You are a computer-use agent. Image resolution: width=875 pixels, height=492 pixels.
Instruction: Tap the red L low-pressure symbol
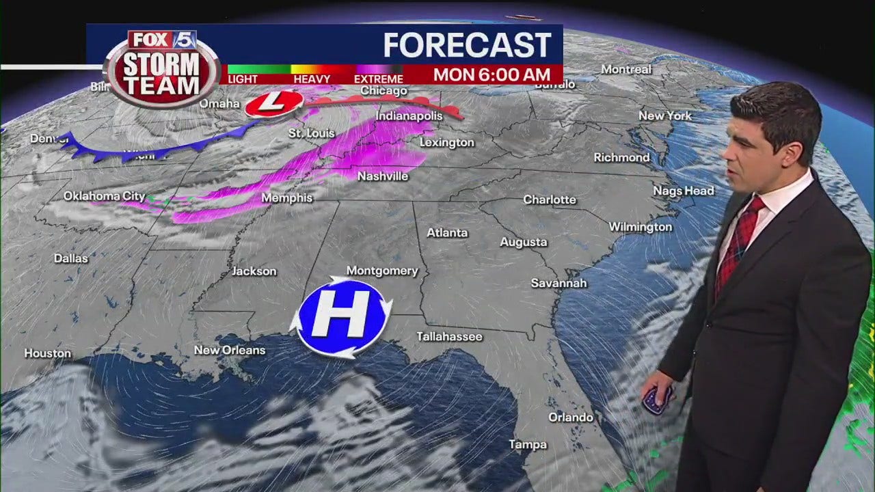point(273,103)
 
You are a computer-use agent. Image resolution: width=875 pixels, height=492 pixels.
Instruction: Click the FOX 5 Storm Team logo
point(162,68)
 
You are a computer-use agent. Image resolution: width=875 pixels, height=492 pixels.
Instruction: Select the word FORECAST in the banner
point(467,45)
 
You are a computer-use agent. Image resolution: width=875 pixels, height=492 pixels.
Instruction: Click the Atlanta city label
point(447,233)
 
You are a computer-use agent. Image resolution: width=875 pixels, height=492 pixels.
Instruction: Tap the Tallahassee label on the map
point(450,337)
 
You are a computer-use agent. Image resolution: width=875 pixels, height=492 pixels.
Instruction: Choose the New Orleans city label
point(230,351)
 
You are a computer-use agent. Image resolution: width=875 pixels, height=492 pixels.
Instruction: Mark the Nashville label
point(383,176)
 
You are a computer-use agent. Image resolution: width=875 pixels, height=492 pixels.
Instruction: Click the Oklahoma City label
point(105,196)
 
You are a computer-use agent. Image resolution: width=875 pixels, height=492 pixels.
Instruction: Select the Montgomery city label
point(382,271)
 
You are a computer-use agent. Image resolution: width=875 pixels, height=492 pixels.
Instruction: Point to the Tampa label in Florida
point(528,445)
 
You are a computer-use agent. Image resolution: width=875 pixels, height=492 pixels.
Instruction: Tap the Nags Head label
point(683,191)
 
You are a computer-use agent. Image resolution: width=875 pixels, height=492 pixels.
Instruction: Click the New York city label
point(665,116)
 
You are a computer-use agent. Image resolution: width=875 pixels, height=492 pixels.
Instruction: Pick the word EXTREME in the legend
point(379,79)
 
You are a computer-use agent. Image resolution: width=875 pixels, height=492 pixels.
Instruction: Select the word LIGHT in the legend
point(243,79)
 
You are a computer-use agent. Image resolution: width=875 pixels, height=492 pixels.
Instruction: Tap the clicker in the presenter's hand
point(657,399)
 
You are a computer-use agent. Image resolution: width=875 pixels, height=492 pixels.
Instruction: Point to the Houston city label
point(48,353)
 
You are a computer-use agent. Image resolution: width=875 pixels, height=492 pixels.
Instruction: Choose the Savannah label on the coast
point(558,283)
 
